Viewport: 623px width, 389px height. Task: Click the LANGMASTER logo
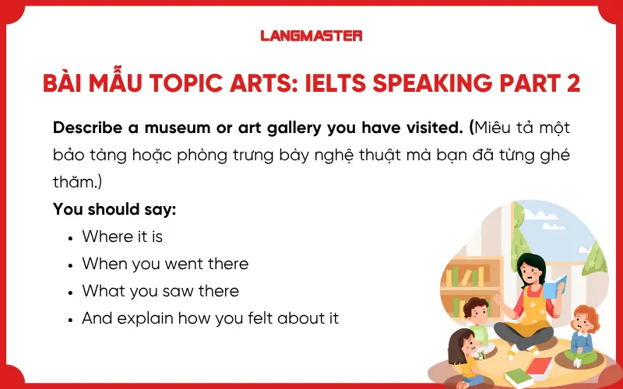311,35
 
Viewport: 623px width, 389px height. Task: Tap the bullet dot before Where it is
71,237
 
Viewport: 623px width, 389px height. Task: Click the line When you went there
165,264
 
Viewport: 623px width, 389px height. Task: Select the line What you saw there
160,291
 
